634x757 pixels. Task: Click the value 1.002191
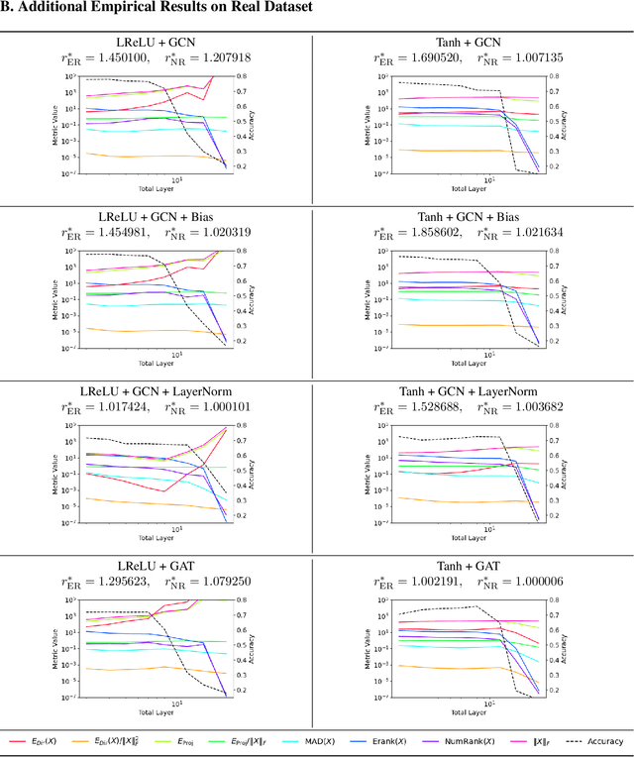[437, 582]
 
